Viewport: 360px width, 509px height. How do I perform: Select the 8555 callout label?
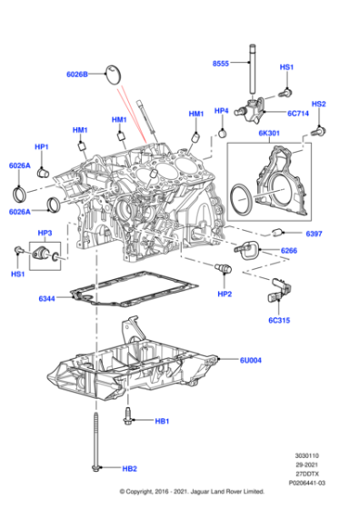[222, 65]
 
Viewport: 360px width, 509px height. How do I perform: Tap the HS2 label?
[318, 105]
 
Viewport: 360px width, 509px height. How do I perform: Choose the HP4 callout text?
[220, 111]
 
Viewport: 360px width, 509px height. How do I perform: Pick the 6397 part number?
[315, 235]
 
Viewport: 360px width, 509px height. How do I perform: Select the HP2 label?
[225, 294]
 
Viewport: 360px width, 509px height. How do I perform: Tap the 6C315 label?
[280, 320]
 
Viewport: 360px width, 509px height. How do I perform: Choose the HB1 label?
[162, 421]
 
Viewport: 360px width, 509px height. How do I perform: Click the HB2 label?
[129, 469]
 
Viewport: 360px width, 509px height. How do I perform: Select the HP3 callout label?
[45, 234]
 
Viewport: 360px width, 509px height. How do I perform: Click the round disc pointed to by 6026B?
[114, 73]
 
